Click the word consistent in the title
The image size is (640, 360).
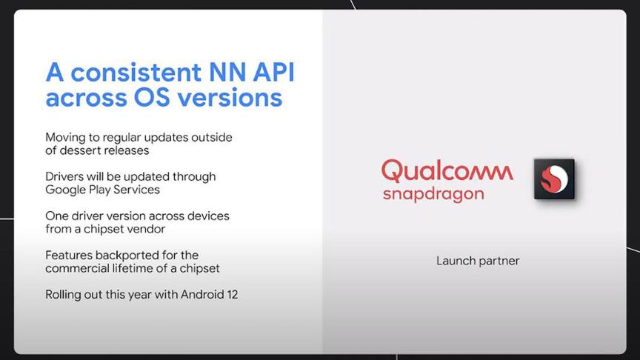pos(136,73)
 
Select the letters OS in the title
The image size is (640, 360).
pos(151,98)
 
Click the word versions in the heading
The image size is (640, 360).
pos(230,98)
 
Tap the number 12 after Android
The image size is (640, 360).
pos(233,295)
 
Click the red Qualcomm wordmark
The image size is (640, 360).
pos(447,170)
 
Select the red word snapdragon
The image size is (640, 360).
pos(433,194)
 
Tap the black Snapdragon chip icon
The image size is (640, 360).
pos(554,179)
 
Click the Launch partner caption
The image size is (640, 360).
pos(478,261)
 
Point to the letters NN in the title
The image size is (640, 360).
pos(227,73)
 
